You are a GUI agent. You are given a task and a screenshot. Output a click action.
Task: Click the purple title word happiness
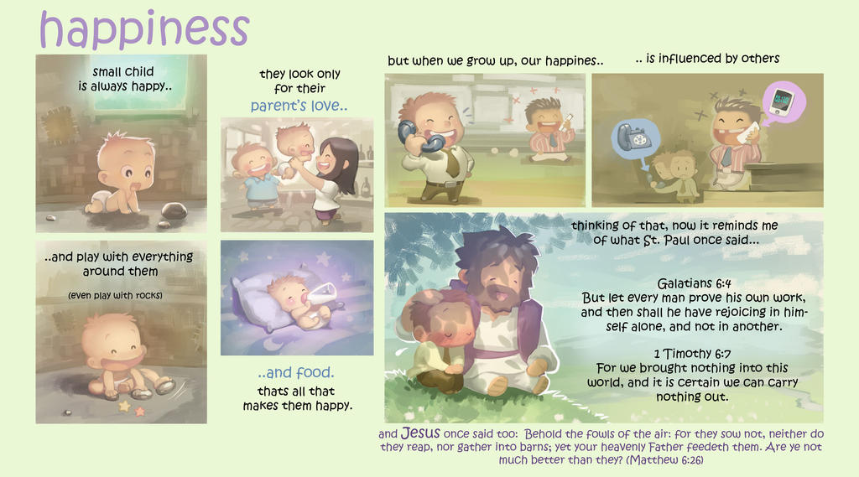point(144,29)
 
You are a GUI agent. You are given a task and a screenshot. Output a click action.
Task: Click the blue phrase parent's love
point(299,105)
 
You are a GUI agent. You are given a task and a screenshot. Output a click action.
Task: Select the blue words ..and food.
point(296,372)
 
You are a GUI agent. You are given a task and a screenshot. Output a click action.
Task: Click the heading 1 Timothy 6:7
point(692,354)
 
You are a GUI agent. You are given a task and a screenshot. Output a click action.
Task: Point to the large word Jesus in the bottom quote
point(420,433)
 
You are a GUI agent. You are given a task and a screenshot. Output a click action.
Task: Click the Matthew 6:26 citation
point(664,460)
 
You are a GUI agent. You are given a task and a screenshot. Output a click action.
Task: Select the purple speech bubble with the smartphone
point(784,103)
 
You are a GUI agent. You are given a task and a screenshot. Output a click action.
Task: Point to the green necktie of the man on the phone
point(452,163)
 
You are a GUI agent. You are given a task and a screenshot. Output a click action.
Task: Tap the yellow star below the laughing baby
point(125,407)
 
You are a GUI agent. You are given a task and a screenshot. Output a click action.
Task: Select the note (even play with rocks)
point(115,296)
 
